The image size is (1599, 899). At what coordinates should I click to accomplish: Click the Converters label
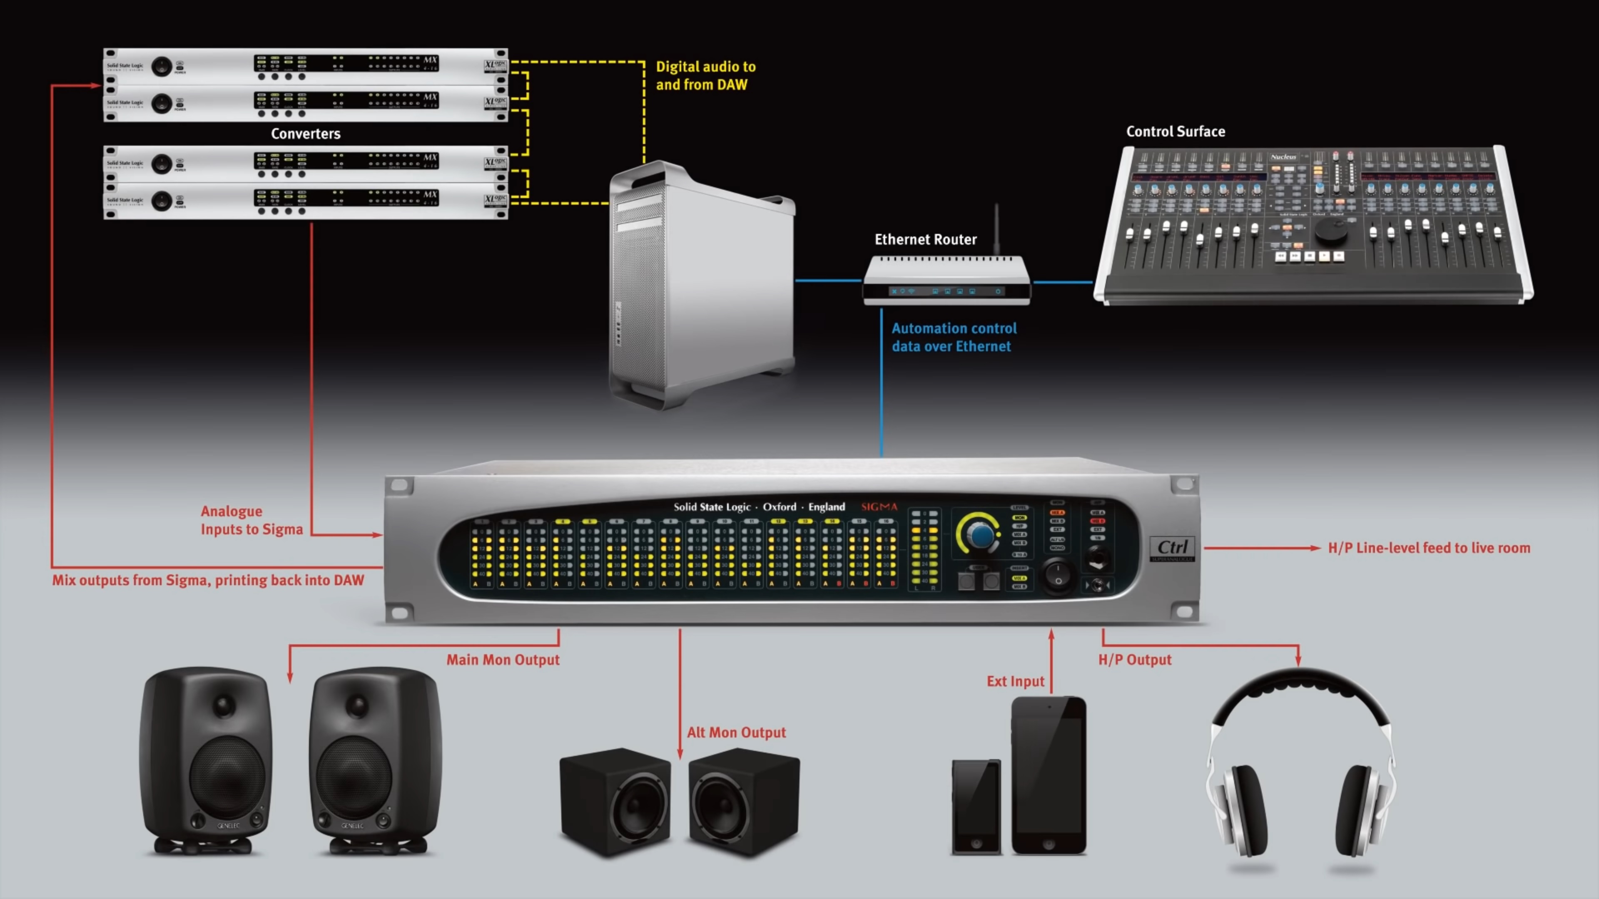[305, 133]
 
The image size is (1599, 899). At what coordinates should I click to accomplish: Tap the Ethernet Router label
[925, 239]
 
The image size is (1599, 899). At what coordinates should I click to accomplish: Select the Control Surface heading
[1175, 132]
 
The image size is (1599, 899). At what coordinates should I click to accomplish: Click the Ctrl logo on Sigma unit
[1172, 548]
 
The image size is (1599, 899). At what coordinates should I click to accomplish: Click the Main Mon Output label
[503, 660]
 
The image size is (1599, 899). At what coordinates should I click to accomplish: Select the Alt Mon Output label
[736, 732]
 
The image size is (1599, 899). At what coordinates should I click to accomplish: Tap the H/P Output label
[1135, 660]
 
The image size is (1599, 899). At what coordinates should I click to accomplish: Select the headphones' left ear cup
[1245, 807]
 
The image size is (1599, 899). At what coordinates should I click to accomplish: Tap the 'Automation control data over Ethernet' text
[954, 337]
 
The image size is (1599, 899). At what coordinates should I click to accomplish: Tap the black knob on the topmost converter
[162, 67]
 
